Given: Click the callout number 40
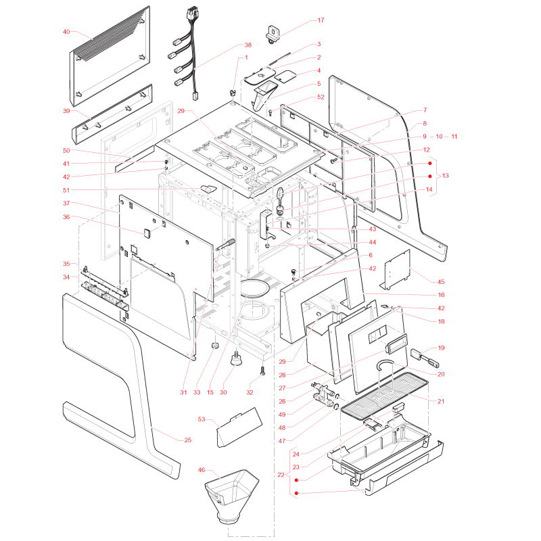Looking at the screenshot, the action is [66, 32].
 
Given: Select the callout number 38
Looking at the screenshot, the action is [248, 45].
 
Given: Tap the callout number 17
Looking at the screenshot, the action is [321, 20].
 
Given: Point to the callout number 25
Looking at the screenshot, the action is [188, 440].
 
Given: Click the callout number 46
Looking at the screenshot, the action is [202, 469].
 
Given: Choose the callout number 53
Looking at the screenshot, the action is [202, 419].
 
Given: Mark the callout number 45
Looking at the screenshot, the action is [441, 281].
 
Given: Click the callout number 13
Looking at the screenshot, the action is [445, 176].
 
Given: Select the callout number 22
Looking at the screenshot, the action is [281, 475].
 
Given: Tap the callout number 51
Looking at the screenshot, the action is [66, 190].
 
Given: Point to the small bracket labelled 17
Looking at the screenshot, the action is [273, 34].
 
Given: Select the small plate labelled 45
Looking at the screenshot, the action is [396, 270].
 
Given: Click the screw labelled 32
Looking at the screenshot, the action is [262, 371].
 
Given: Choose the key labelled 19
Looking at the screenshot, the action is [425, 358].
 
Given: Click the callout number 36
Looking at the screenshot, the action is [66, 216].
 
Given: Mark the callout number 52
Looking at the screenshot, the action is [321, 97].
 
